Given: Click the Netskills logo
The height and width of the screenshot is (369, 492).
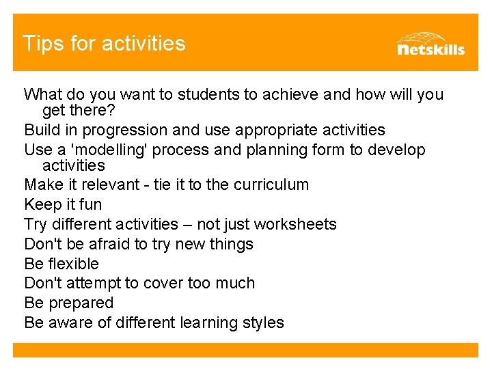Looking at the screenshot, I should click(430, 43).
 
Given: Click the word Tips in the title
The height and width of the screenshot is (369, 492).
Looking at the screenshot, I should click(38, 44).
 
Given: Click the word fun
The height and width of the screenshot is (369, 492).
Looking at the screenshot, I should click(90, 204).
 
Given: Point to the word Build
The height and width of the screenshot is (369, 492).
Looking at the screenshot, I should click(40, 130).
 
